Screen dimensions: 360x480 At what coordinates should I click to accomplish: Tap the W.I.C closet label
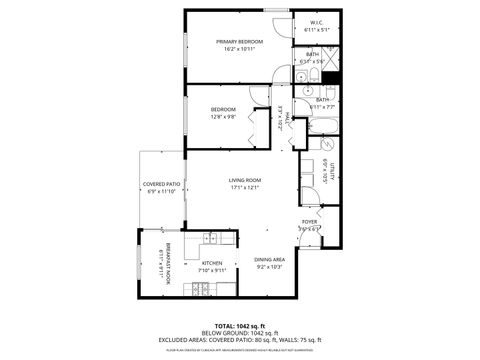point(315,22)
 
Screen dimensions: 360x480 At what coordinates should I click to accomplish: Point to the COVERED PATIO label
point(161,184)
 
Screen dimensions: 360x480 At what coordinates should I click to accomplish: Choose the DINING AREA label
point(270,259)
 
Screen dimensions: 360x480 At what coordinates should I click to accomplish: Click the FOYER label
point(310,221)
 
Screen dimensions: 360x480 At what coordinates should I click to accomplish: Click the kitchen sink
point(210,238)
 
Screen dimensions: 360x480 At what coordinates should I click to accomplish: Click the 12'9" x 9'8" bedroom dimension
point(223,116)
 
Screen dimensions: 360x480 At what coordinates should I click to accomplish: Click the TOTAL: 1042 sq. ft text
point(240,326)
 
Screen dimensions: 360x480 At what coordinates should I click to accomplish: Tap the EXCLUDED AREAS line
point(240,340)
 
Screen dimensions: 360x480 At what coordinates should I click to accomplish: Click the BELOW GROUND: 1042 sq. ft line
point(240,333)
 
